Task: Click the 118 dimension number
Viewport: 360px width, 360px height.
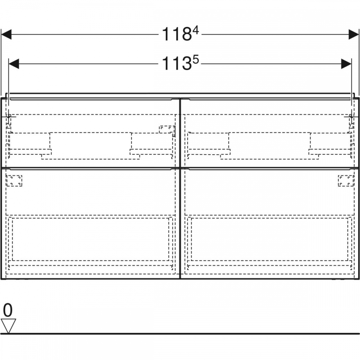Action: [177, 35]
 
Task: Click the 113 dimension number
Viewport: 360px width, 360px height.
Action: [177, 64]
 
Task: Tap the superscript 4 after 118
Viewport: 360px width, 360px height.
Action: [196, 30]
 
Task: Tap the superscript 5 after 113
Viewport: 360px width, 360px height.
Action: [196, 60]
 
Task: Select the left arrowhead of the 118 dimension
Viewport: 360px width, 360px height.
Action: [6, 35]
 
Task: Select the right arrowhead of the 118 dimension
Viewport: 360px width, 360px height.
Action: [354, 35]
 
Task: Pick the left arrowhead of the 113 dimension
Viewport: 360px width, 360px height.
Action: [14, 64]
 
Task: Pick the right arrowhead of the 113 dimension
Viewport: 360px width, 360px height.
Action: [346, 64]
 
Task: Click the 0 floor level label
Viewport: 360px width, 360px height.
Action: [8, 310]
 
